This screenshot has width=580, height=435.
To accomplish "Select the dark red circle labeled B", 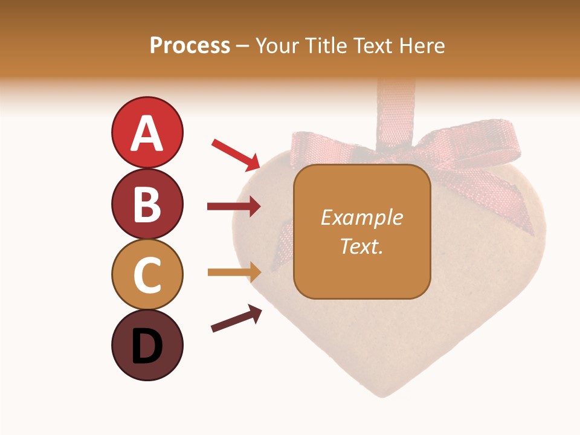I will (147, 204).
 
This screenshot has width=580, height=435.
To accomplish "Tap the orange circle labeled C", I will (147, 274).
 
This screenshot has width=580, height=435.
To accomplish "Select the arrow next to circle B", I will (233, 207).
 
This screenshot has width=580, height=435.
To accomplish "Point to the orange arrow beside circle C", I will (233, 272).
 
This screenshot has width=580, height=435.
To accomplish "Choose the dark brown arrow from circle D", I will (236, 319).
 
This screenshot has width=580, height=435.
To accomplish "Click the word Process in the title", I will (190, 45).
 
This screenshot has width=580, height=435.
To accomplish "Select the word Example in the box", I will (361, 217).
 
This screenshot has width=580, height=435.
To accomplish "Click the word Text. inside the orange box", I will (361, 246).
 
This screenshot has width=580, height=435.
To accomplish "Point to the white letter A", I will (147, 134).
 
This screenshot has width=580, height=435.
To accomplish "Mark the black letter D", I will (147, 346).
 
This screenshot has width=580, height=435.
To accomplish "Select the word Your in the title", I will (277, 45).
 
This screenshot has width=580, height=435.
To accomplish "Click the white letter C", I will (147, 275).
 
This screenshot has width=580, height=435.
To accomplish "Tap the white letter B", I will (147, 204).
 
